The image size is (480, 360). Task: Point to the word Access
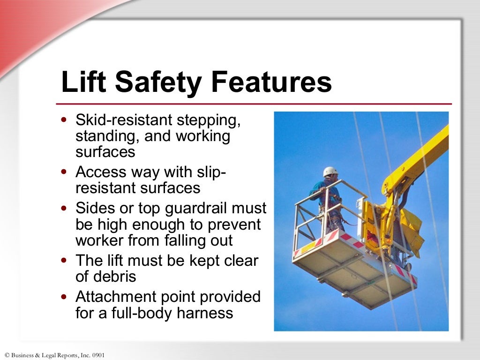click(x=100, y=172)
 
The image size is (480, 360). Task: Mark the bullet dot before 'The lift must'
click(x=64, y=261)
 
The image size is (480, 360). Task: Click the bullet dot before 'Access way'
click(x=64, y=172)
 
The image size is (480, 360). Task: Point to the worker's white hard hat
click(x=330, y=172)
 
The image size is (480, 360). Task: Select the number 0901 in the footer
click(x=97, y=355)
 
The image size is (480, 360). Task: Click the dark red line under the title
click(x=253, y=104)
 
